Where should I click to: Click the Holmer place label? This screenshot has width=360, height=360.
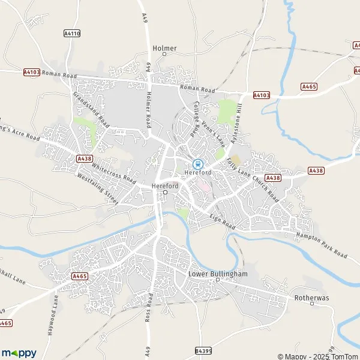click(x=164, y=48)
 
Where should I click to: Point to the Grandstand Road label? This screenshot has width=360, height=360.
click(x=91, y=109)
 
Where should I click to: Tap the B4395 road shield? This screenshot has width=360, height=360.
click(x=203, y=350)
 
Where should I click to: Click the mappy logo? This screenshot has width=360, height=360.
click(x=19, y=352)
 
